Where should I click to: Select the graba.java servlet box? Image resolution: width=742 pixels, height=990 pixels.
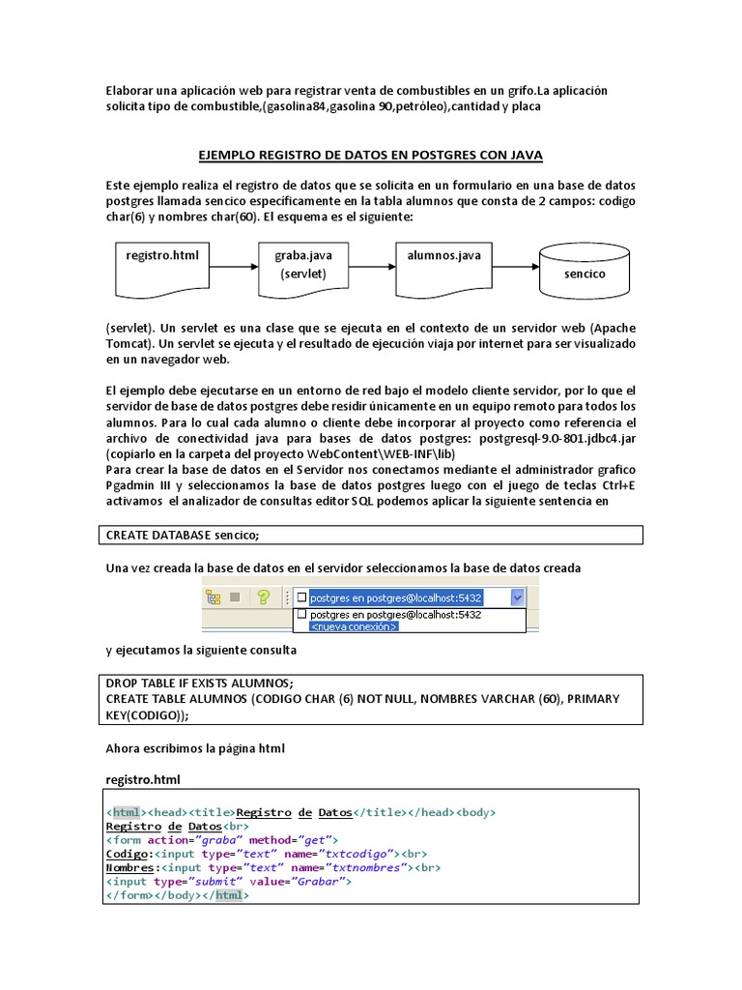coord(302,265)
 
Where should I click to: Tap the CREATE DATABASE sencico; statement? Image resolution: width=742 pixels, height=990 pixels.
coord(183,535)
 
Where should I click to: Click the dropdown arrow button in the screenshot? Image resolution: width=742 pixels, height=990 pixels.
coord(518,597)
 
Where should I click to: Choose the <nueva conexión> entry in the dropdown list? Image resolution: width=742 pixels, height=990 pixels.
coord(352,626)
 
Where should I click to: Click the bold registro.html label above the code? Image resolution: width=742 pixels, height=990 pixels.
coord(143,778)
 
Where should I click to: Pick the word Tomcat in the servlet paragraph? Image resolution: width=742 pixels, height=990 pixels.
coord(130,343)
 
